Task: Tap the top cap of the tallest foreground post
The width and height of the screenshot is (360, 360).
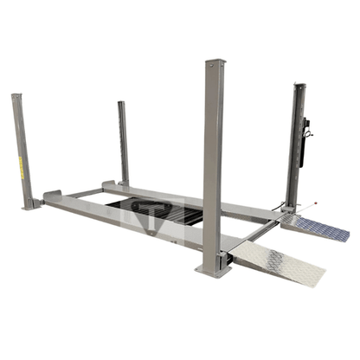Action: coord(214,62)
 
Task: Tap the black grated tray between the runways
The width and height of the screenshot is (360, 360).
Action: coord(159,210)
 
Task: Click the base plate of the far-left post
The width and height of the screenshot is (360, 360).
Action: coord(30,206)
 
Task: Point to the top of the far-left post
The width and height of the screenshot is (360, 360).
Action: coord(16,96)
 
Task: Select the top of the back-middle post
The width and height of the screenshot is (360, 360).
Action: coord(122,103)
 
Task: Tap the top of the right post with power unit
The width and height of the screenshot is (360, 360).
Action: coord(299,86)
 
